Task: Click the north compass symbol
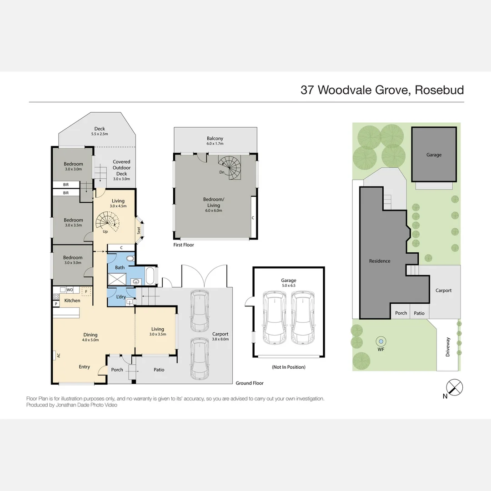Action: point(455,388)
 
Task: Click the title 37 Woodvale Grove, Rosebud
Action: point(382,90)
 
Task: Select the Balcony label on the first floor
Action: point(215,139)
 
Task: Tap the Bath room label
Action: point(120,267)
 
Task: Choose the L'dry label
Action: point(120,297)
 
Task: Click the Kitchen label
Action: point(72,301)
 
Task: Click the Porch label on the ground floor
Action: point(117,370)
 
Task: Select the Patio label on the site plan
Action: point(419,313)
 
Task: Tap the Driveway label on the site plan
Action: point(448,346)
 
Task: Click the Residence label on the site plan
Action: point(380,261)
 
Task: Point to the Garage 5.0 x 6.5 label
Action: point(289,283)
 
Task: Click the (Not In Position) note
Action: point(288,367)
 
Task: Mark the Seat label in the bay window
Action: point(139,230)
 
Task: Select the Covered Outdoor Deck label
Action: point(121,170)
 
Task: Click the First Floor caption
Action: point(184,245)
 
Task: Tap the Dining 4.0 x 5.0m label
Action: point(90,337)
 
